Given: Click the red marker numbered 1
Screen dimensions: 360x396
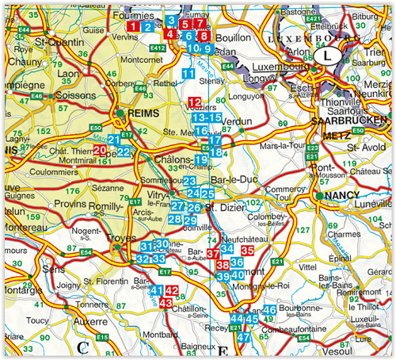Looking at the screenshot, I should tap(135, 27).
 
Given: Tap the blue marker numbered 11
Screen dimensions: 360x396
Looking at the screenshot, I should tap(188, 74).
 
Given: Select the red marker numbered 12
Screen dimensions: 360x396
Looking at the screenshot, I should tap(196, 101).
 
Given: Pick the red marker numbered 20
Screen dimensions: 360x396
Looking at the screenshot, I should tap(100, 149).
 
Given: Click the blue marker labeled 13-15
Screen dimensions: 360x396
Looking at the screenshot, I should tap(208, 117).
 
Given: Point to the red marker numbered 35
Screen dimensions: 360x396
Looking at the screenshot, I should tap(247, 251).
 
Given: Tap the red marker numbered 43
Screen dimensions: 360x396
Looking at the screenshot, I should tap(166, 303).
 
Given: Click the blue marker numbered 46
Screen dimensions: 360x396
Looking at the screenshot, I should tap(269, 310).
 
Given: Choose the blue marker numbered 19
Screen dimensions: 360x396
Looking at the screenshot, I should tap(201, 160).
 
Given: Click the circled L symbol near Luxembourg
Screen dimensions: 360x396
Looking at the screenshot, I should tap(327, 56).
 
